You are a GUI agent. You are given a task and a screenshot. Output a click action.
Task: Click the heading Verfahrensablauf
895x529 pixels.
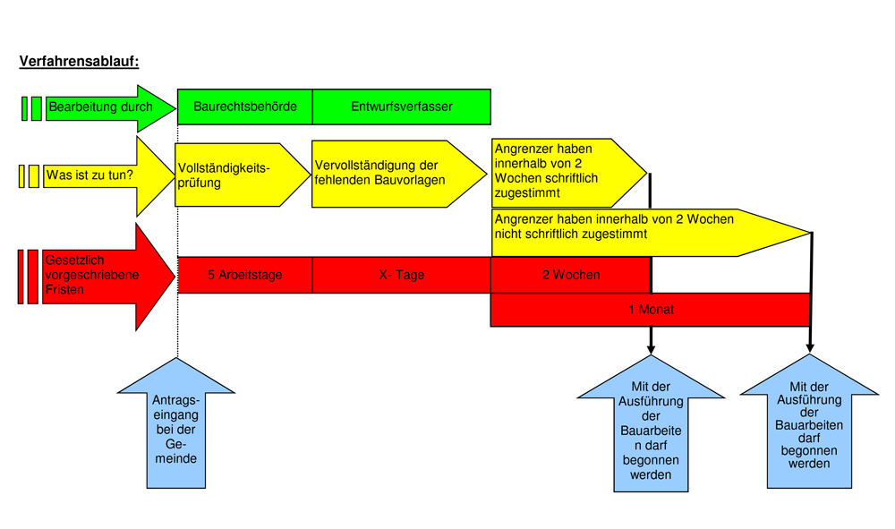pyautogui.click(x=79, y=63)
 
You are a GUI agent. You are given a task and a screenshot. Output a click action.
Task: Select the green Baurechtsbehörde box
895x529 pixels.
pyautogui.click(x=244, y=107)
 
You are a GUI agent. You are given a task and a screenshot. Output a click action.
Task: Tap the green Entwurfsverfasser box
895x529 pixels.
pyautogui.click(x=401, y=107)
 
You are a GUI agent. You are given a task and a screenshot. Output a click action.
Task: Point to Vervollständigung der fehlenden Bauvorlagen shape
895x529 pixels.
pyautogui.click(x=385, y=174)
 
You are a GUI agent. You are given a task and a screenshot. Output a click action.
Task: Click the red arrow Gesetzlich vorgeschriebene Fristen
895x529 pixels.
pyautogui.click(x=94, y=276)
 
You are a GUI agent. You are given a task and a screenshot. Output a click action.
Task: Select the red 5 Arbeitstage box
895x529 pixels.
pyautogui.click(x=244, y=275)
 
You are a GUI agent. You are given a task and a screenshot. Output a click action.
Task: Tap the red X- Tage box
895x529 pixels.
pyautogui.click(x=401, y=275)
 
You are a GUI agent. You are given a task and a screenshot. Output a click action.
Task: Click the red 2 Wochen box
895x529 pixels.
pyautogui.click(x=570, y=275)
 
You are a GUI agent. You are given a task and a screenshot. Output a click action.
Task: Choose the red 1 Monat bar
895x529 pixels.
pyautogui.click(x=651, y=310)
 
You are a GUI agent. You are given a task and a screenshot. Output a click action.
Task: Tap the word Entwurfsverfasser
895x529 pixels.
pyautogui.click(x=401, y=107)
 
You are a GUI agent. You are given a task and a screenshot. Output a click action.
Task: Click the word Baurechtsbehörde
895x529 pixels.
pyautogui.click(x=244, y=107)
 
